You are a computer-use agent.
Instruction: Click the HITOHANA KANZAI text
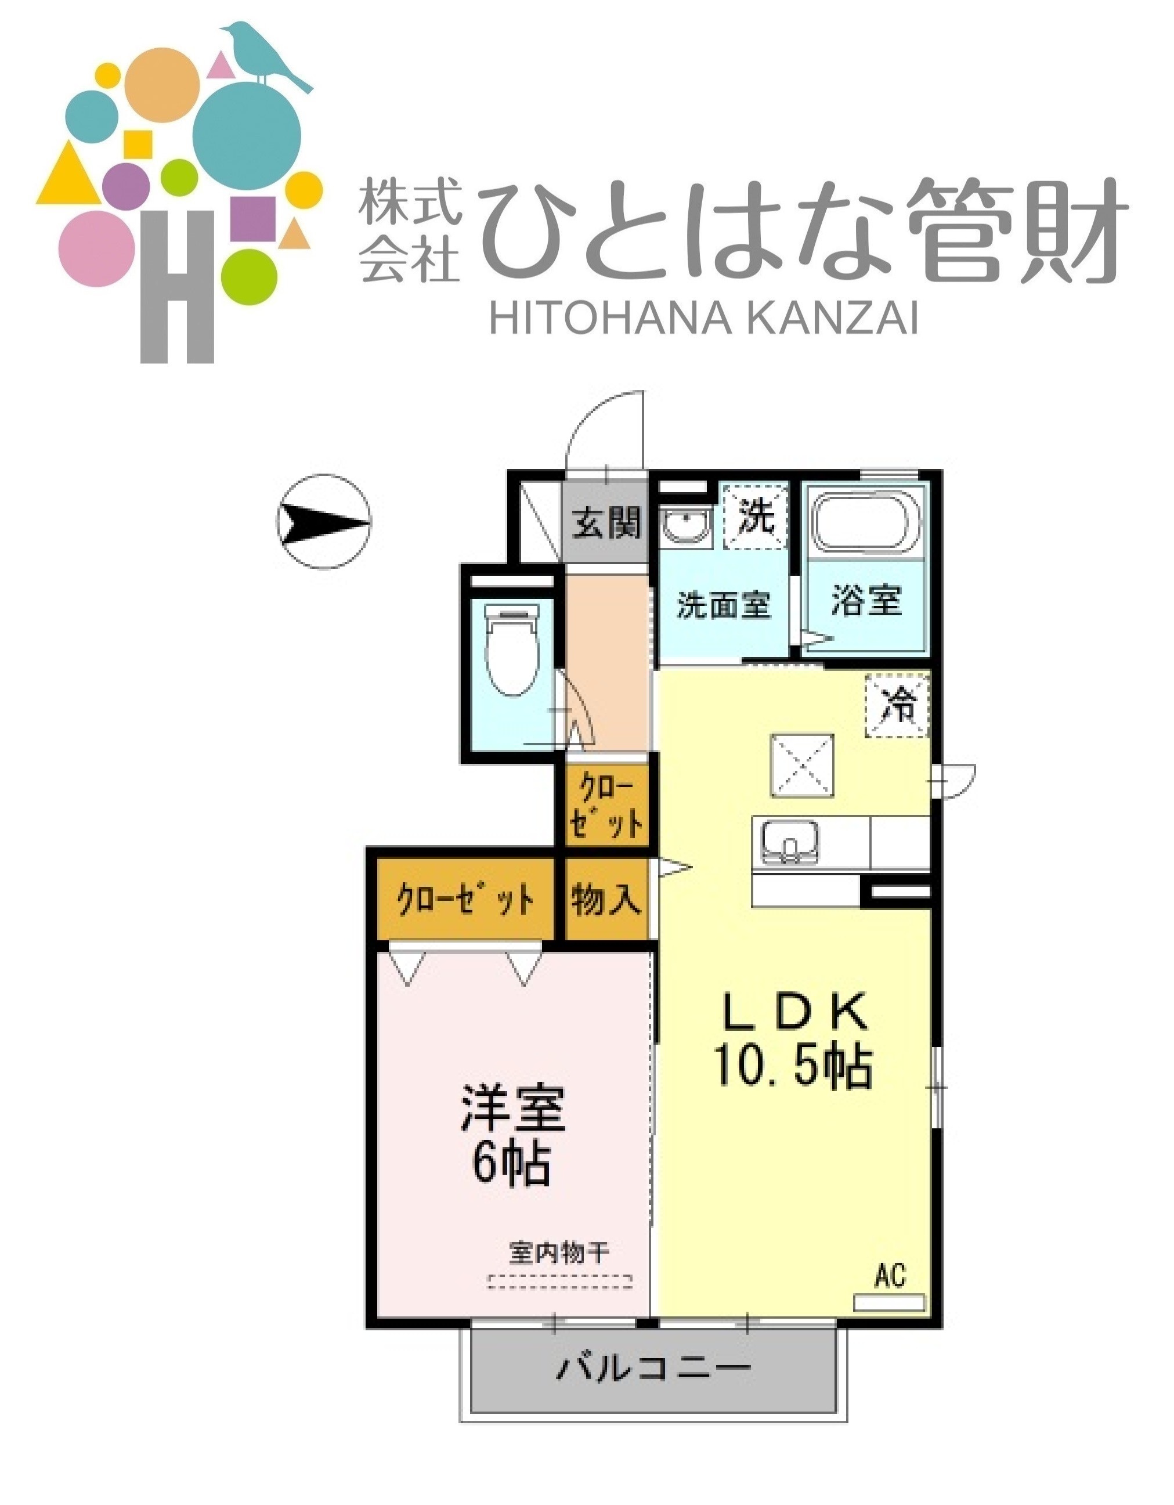point(703,319)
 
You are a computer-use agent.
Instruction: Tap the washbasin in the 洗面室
point(685,526)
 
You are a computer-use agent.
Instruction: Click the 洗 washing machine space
point(755,518)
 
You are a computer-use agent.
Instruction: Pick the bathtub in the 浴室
point(866,522)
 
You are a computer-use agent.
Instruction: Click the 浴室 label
point(866,600)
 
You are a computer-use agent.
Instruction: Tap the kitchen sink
point(790,842)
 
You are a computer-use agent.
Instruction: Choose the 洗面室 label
point(723,605)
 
